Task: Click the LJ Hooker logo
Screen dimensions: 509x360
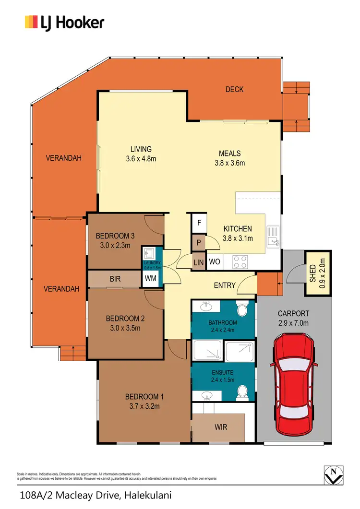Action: (64, 22)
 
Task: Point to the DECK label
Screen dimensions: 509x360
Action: (234, 89)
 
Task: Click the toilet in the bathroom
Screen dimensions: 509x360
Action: (243, 309)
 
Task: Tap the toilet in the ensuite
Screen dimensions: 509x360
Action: (243, 392)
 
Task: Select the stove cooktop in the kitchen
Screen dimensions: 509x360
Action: (240, 261)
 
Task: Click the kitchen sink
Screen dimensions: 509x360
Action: (273, 235)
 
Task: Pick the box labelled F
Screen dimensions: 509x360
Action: (199, 224)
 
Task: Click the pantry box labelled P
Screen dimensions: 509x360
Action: (199, 243)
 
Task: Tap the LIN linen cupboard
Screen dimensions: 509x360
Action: (199, 262)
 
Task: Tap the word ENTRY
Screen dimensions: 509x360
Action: (225, 285)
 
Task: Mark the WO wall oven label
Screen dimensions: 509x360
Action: (215, 262)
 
